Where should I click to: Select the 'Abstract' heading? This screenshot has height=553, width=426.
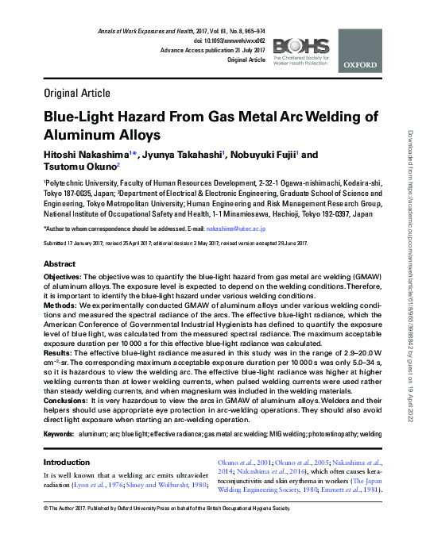[60, 263]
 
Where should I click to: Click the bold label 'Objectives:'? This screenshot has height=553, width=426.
[64, 276]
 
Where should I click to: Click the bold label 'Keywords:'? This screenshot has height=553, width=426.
[59, 434]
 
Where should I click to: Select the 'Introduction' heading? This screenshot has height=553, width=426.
[67, 463]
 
